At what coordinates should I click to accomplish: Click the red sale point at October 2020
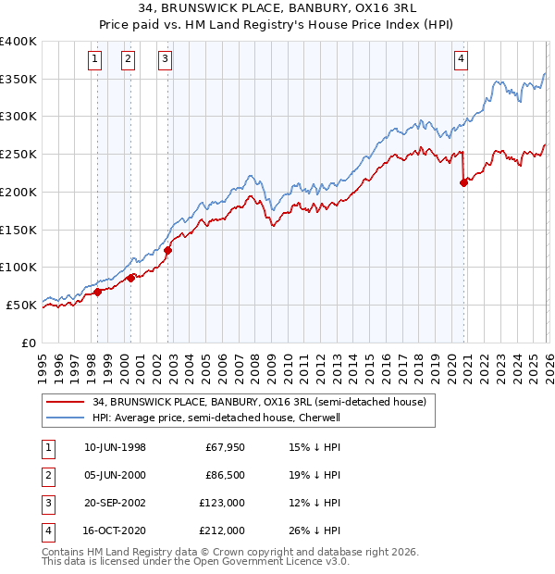(464, 182)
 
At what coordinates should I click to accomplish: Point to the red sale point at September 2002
(168, 249)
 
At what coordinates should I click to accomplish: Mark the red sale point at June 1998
(97, 291)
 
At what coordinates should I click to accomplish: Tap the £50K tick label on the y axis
(22, 305)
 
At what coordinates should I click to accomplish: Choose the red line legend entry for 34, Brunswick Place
(259, 403)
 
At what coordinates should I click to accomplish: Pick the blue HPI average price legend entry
(240, 418)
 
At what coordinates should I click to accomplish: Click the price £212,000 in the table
(223, 530)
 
